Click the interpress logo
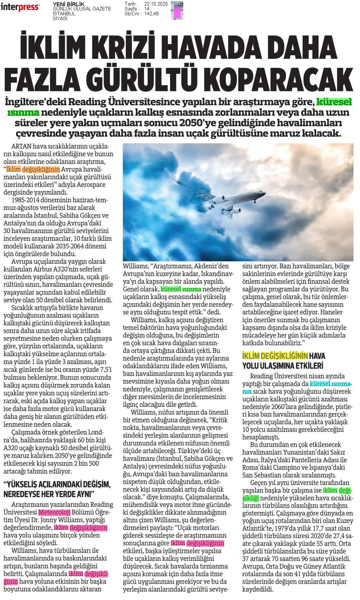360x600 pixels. [20, 7]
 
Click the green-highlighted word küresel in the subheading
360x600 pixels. [335, 102]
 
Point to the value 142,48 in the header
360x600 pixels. [151, 13]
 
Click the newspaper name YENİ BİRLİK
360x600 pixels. [64, 4]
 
